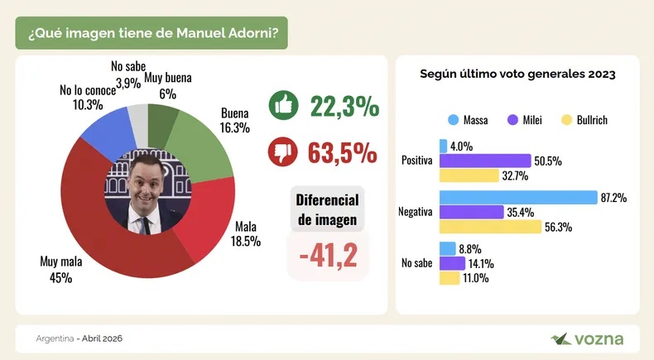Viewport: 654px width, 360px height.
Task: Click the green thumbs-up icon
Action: click(x=284, y=106)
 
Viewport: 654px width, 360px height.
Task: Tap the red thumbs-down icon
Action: click(x=284, y=153)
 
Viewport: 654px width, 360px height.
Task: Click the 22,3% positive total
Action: click(x=344, y=106)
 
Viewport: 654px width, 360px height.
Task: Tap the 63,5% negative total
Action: click(x=344, y=153)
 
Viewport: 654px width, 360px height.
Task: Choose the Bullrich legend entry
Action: click(x=584, y=120)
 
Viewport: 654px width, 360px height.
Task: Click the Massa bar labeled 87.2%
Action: click(x=518, y=197)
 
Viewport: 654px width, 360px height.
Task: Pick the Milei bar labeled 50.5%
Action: click(x=485, y=161)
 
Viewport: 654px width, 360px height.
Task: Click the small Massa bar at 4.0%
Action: click(x=444, y=146)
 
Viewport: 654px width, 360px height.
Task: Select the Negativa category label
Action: click(x=416, y=212)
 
